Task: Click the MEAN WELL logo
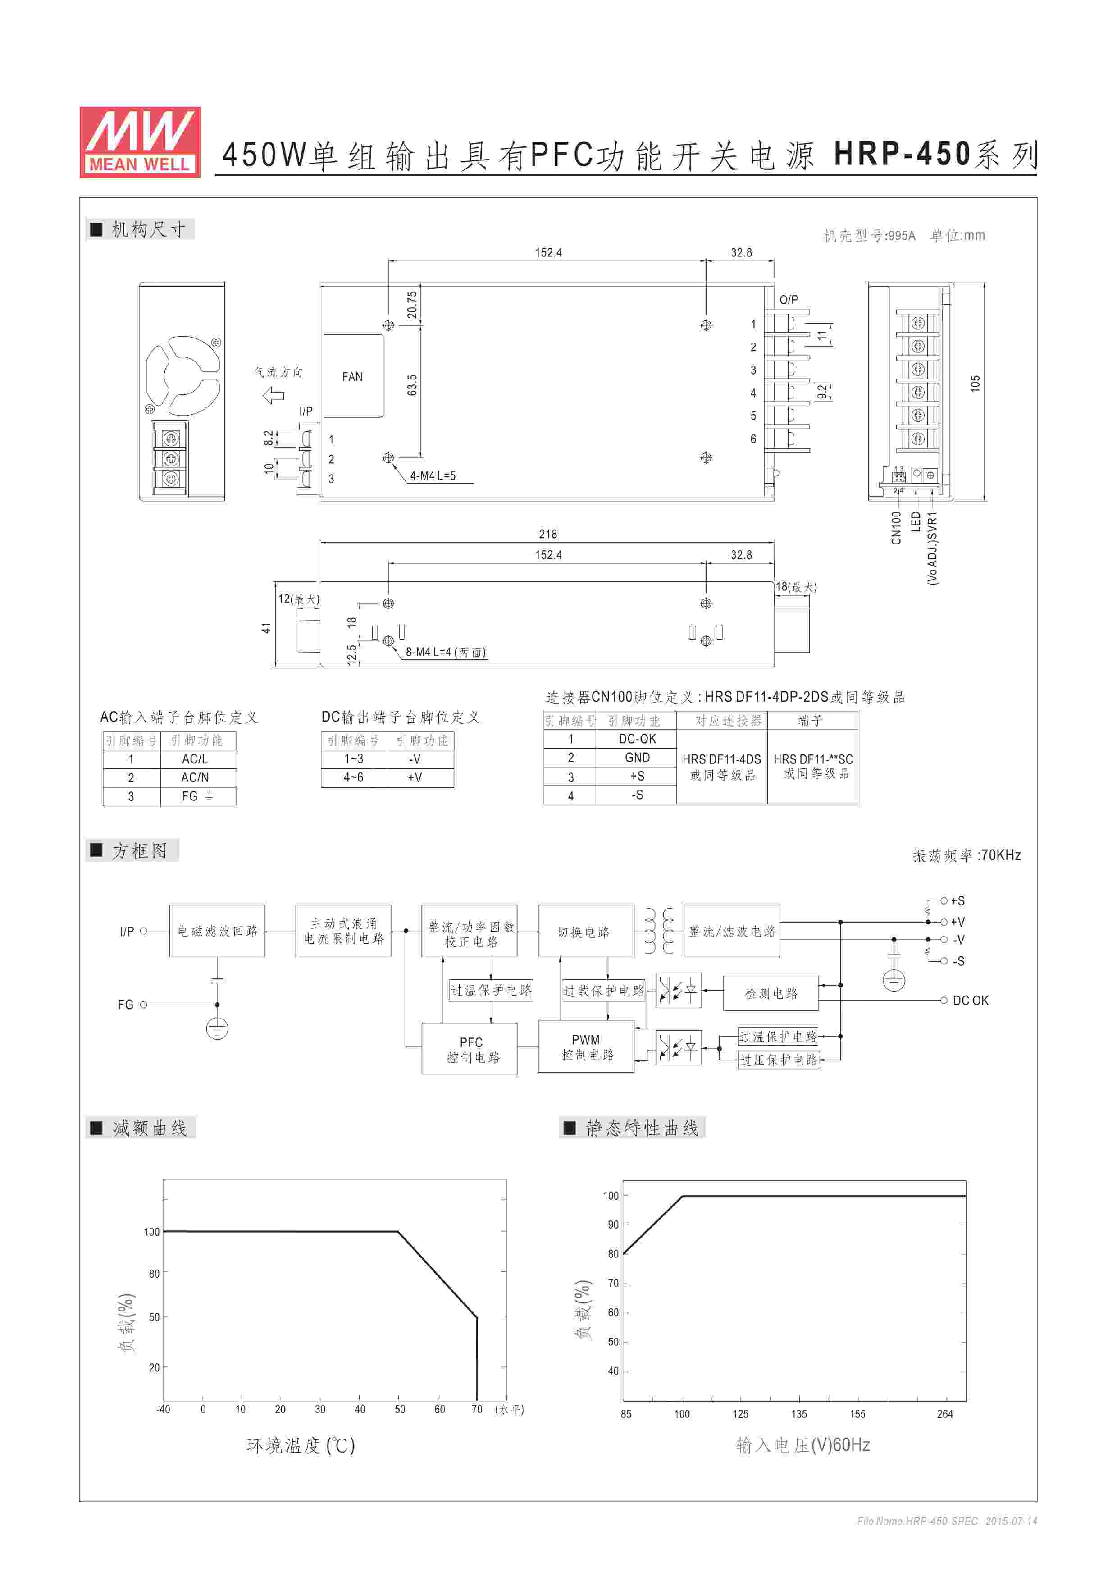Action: coord(140,142)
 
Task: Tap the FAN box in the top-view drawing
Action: coord(352,377)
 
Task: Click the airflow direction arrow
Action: coord(273,395)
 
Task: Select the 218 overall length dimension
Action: coord(548,534)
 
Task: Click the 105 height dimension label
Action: coord(975,384)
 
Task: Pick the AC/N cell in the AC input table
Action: coord(195,777)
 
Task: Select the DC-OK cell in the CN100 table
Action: coord(637,739)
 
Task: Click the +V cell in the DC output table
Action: coord(415,777)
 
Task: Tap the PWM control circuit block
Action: coord(586,1046)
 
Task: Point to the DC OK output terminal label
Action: coord(971,1001)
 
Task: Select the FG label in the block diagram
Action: coord(125,1005)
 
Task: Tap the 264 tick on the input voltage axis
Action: coord(945,1414)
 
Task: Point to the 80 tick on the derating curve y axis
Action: coord(154,1274)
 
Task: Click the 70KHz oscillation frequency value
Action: coord(1001,855)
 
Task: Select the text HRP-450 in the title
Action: coord(902,154)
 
